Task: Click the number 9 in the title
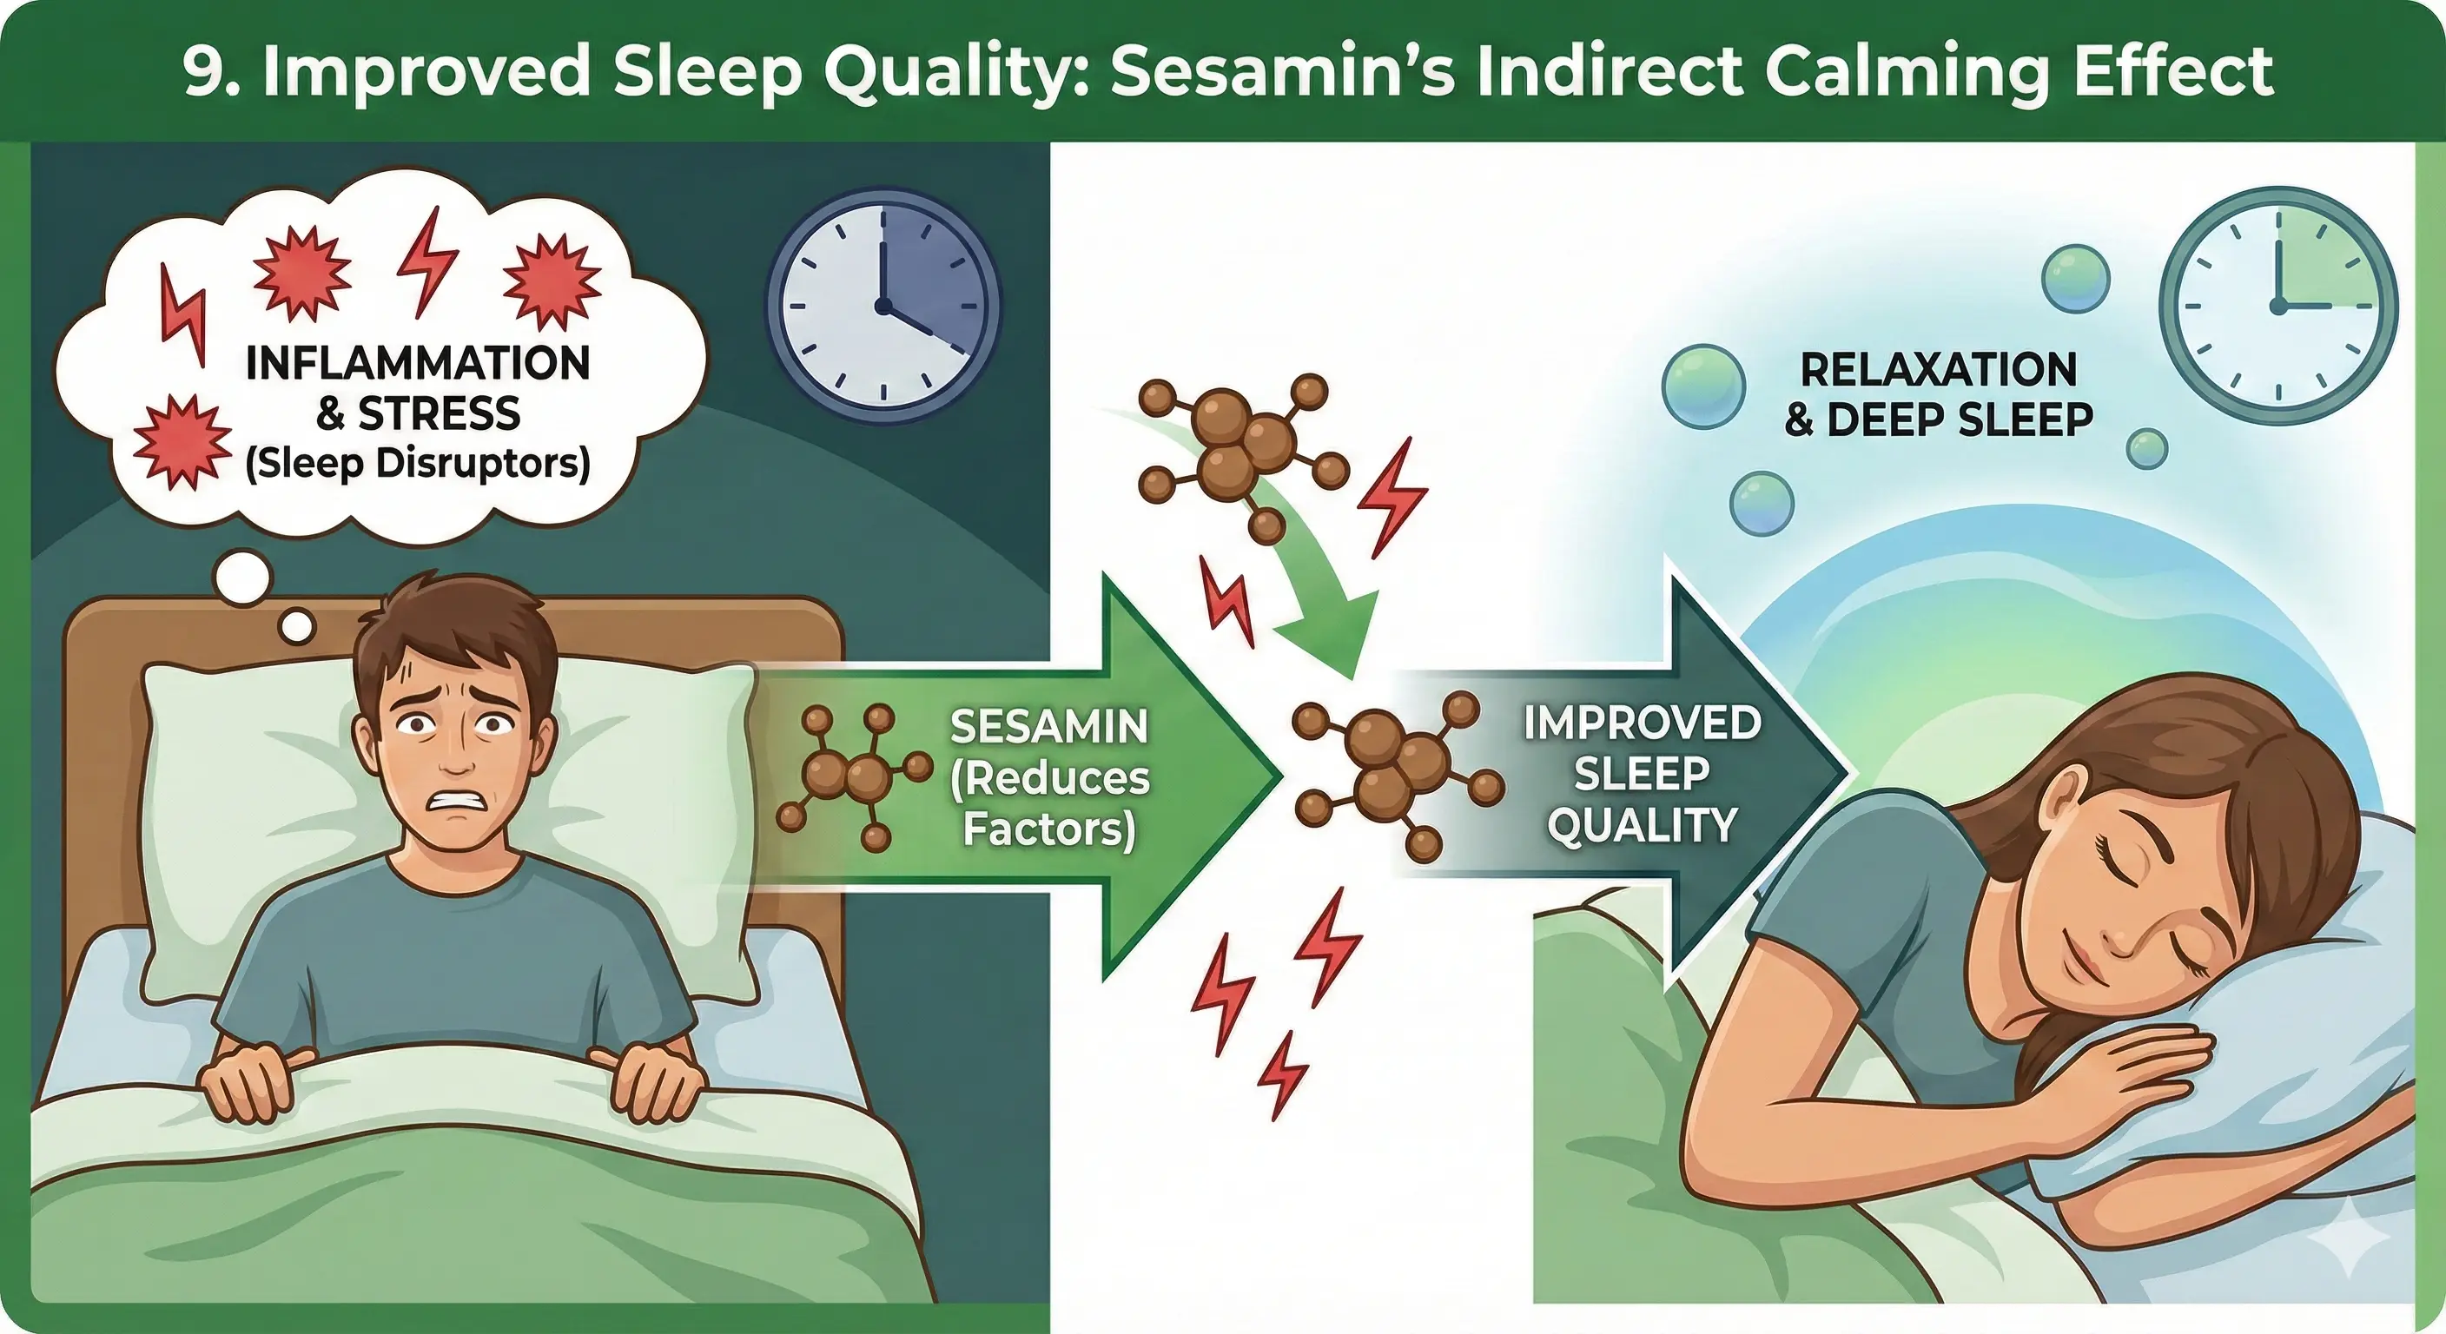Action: click(x=204, y=71)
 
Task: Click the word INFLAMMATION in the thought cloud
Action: click(x=418, y=364)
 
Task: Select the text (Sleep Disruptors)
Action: click(x=418, y=465)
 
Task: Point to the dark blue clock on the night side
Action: click(x=883, y=306)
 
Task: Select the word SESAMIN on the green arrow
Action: click(x=1049, y=727)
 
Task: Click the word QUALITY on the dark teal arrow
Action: click(x=1642, y=825)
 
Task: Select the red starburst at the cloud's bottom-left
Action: click(x=182, y=441)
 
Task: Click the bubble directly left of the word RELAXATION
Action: click(x=1703, y=387)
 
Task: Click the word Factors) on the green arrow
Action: click(x=1049, y=829)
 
